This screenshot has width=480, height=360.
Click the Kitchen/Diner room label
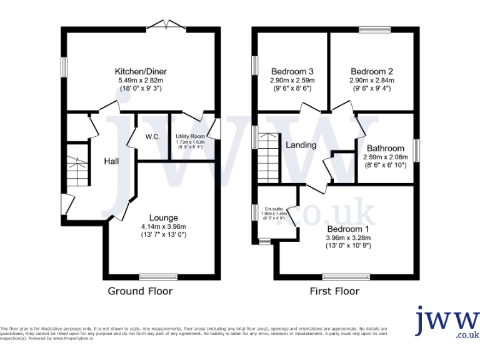click(x=141, y=71)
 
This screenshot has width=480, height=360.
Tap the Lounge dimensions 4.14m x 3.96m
click(x=163, y=226)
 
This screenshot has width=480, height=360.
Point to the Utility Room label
click(x=190, y=136)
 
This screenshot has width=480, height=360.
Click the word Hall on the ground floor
click(x=111, y=161)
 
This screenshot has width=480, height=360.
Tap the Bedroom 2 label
click(x=372, y=71)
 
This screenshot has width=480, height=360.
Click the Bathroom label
click(x=385, y=148)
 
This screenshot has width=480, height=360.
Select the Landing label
click(x=301, y=145)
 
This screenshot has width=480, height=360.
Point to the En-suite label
click(x=274, y=209)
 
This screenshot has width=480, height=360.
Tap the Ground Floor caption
click(x=140, y=291)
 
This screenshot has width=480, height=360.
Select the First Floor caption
click(x=334, y=291)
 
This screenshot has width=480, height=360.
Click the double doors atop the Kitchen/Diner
click(x=167, y=26)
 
